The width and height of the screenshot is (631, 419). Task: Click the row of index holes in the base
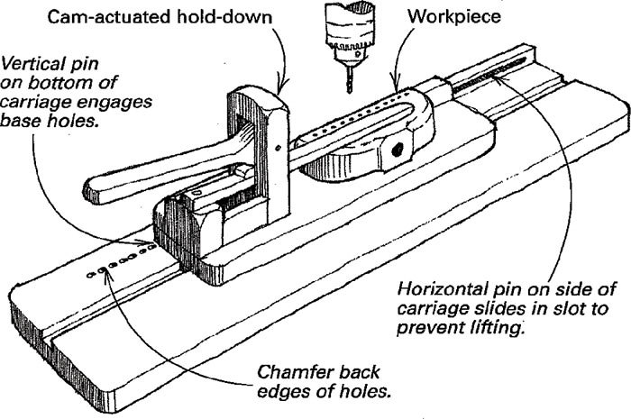113,267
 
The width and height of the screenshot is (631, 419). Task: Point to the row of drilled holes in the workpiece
352,122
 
